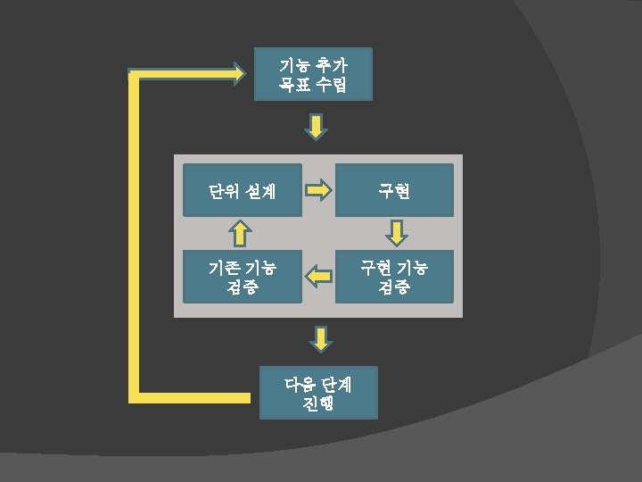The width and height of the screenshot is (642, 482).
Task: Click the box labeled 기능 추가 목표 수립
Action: [313, 74]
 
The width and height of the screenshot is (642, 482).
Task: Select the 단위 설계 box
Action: [243, 190]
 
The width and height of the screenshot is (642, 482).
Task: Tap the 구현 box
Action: [394, 190]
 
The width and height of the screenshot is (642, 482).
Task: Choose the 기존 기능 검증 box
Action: [243, 277]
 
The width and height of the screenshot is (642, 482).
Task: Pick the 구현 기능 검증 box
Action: [394, 277]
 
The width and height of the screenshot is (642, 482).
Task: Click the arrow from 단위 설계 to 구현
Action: [318, 190]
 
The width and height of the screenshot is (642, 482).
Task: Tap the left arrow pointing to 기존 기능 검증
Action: [318, 278]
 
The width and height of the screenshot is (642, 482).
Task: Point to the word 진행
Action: [318, 403]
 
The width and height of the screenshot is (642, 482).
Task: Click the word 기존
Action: [223, 267]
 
